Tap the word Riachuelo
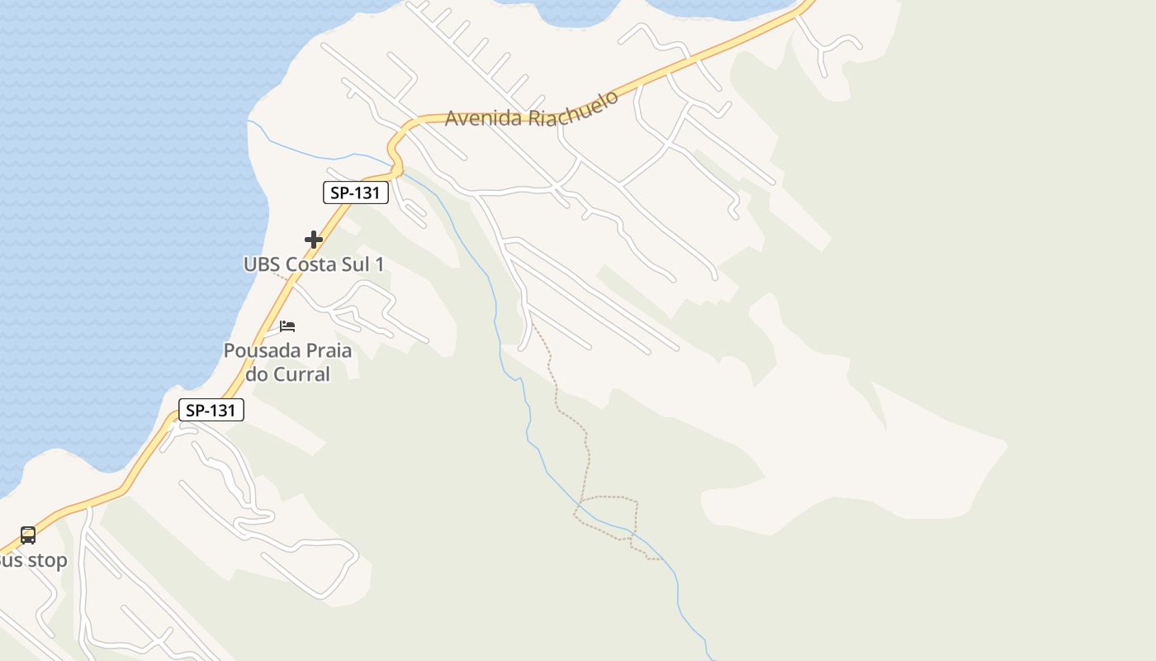click(x=573, y=109)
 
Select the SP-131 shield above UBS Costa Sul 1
click(x=355, y=193)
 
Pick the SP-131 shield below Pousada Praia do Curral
click(x=211, y=410)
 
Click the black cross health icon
click(x=314, y=240)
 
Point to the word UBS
click(x=262, y=264)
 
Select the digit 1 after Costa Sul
click(x=380, y=264)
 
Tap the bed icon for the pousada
click(x=287, y=326)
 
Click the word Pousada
click(x=260, y=350)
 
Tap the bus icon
click(x=28, y=535)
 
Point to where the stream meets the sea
click(x=249, y=122)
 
